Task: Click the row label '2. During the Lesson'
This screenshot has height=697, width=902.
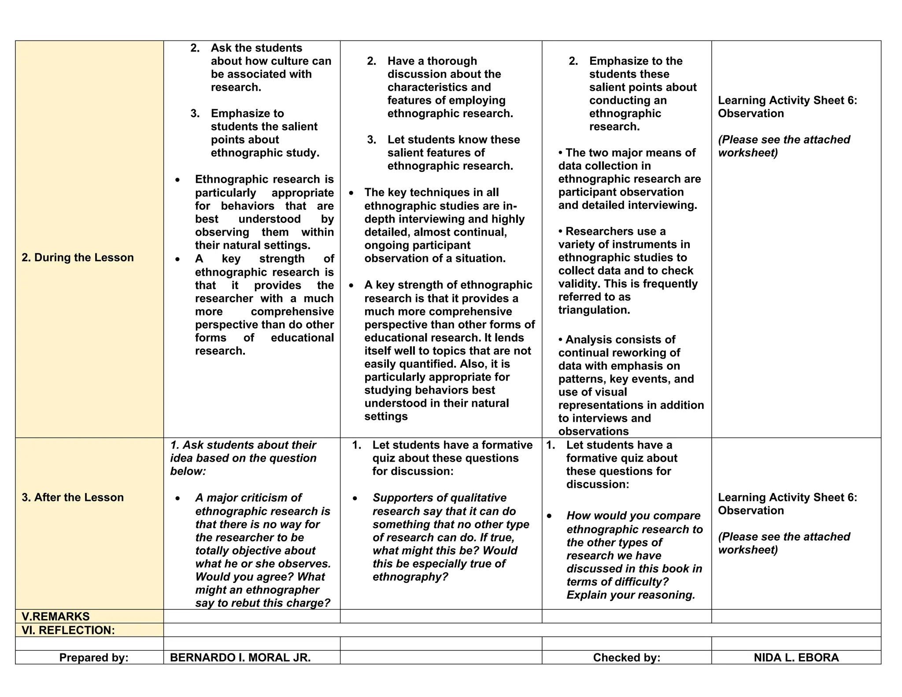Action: coord(78,258)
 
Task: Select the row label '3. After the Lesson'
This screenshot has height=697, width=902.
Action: coord(73,497)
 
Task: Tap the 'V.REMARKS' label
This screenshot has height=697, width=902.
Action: coord(55,616)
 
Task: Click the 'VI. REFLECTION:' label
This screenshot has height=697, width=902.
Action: coord(68,630)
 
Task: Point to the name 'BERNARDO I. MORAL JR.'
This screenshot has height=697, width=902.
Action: coord(240,658)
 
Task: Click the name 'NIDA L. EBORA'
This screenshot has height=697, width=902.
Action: coord(796,658)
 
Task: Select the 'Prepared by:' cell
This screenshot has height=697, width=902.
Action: coord(94,658)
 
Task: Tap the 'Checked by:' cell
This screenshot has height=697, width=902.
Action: coord(626,658)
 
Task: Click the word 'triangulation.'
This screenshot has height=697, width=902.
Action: coord(594,310)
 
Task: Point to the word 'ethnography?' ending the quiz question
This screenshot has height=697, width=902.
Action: coord(410,577)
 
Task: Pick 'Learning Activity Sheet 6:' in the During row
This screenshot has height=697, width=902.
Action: coord(787,100)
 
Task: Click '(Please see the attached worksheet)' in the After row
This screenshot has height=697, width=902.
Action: coord(784,543)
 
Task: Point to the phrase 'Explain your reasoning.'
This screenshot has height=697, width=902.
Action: coord(630,595)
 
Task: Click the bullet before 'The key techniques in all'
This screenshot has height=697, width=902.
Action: coord(351,193)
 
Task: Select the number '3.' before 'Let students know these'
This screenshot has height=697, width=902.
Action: coord(372,140)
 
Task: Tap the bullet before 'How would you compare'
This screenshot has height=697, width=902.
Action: coord(549,516)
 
